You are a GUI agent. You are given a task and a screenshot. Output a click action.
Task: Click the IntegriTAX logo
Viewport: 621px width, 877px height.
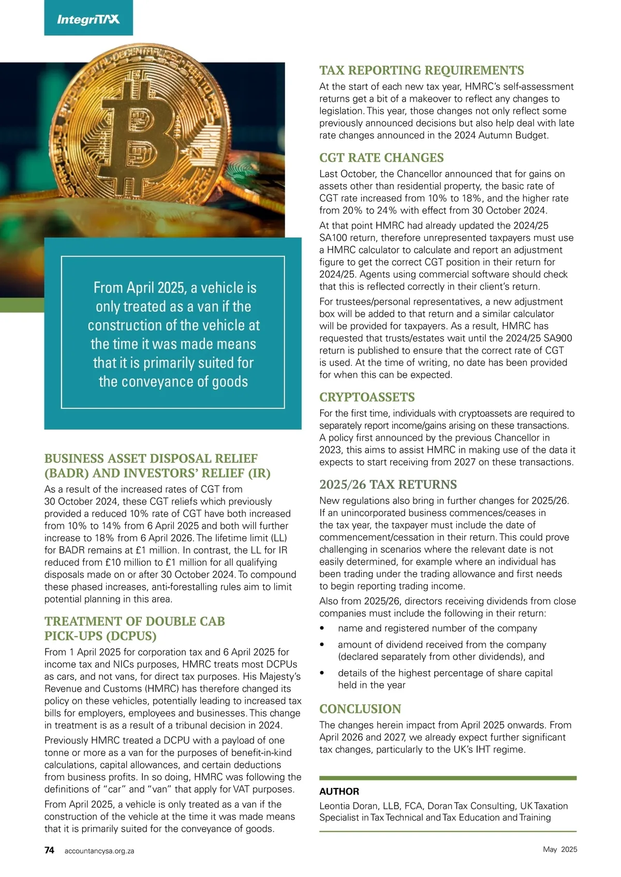[88, 20]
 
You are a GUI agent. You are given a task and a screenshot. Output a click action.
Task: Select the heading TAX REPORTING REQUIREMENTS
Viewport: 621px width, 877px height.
[421, 70]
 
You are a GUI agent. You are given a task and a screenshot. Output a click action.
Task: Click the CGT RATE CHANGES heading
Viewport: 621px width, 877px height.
[381, 158]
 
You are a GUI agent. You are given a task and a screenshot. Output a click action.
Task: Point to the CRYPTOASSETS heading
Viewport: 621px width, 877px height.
[367, 397]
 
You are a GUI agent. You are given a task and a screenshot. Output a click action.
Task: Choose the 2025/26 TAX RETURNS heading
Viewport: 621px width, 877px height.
[388, 485]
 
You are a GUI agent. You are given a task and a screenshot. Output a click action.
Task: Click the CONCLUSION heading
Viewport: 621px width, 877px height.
[360, 709]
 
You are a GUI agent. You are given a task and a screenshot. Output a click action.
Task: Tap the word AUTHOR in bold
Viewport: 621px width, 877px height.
[339, 791]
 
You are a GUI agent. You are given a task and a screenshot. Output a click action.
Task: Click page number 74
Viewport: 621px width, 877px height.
[49, 850]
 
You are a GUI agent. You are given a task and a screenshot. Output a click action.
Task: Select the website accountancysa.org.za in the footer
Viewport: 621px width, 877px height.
[99, 851]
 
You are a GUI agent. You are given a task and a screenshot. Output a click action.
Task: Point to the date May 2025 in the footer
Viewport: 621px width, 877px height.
[560, 850]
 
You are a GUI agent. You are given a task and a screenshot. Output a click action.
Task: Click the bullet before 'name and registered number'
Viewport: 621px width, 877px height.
[322, 628]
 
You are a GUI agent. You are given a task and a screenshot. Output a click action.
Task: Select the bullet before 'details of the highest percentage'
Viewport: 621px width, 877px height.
[322, 673]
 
